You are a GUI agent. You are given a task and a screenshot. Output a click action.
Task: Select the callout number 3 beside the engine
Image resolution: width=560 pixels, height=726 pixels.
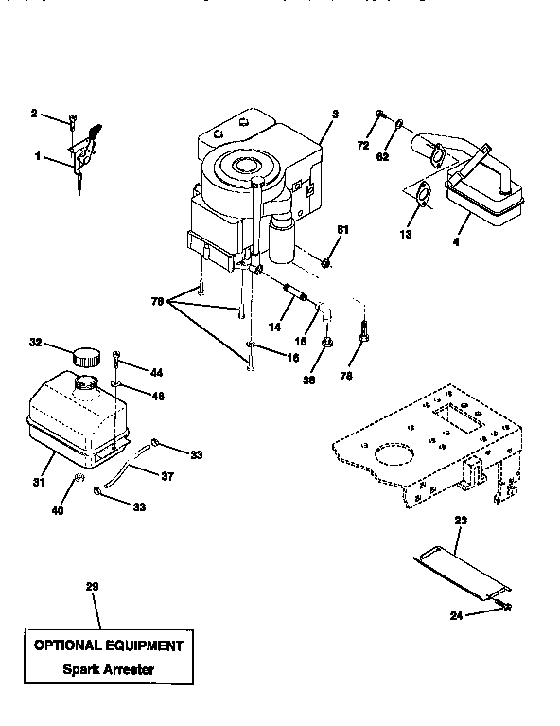pyautogui.click(x=334, y=115)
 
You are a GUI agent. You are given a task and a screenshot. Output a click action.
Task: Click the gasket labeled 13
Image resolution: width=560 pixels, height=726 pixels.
pyautogui.click(x=422, y=196)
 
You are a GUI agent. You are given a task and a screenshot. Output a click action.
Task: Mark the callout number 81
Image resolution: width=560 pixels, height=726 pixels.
pyautogui.click(x=343, y=230)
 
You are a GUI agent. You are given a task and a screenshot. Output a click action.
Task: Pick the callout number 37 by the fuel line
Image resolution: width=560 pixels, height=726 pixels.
pyautogui.click(x=166, y=476)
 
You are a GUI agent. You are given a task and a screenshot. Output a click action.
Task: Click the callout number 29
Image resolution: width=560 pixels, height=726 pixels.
pyautogui.click(x=92, y=587)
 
